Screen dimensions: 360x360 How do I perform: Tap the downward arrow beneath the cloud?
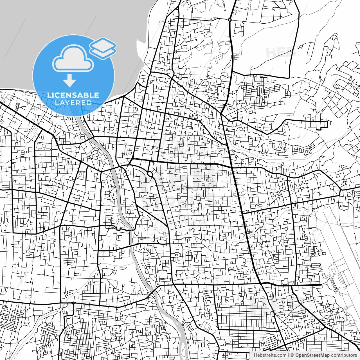[x=69, y=81]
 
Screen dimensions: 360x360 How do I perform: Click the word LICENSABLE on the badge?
[x=73, y=95]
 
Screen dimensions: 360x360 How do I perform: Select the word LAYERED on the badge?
[x=73, y=103]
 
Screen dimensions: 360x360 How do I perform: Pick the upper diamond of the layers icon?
[x=103, y=44]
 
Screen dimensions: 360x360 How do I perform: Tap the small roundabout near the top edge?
[x=230, y=20]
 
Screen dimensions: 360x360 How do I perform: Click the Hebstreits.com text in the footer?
[x=270, y=355]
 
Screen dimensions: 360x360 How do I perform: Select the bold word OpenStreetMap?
[x=312, y=355]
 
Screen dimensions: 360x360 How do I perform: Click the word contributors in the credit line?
[x=344, y=355]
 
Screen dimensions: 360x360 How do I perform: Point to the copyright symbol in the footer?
[x=292, y=355]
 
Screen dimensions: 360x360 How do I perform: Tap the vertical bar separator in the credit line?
[x=289, y=355]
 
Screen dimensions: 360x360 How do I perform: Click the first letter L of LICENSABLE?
[x=49, y=95]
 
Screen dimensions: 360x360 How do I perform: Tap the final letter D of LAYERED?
[x=89, y=103]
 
